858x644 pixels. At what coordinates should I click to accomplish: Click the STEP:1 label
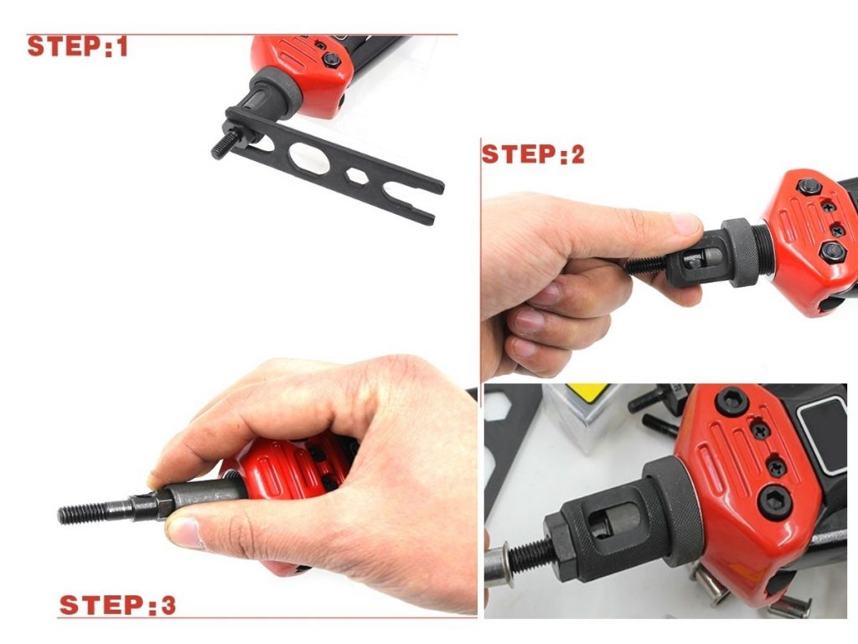pyautogui.click(x=78, y=47)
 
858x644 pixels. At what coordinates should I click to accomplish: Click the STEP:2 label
pyautogui.click(x=532, y=155)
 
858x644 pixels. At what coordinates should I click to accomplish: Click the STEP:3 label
pyautogui.click(x=117, y=605)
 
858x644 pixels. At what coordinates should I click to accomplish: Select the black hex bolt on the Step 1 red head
pyautogui.click(x=331, y=60)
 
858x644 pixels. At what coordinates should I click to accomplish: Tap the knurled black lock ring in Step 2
pyautogui.click(x=741, y=252)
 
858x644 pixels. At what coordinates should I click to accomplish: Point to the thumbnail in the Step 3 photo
pyautogui.click(x=185, y=532)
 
